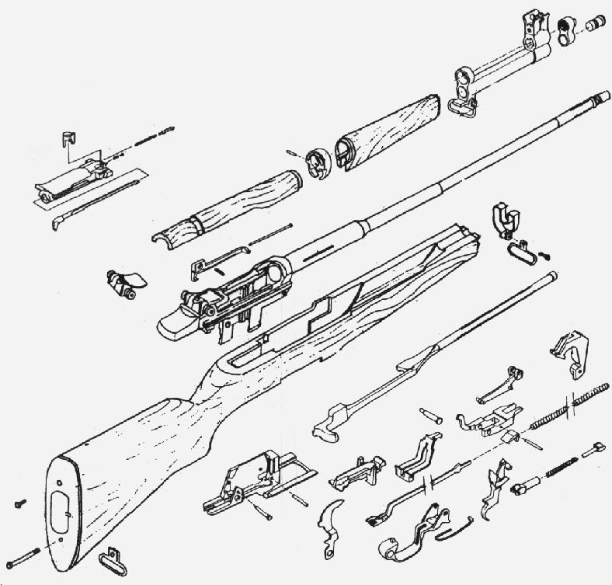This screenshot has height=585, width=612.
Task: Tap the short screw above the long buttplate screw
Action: (19, 504)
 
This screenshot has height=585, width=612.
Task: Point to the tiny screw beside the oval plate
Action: (546, 253)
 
